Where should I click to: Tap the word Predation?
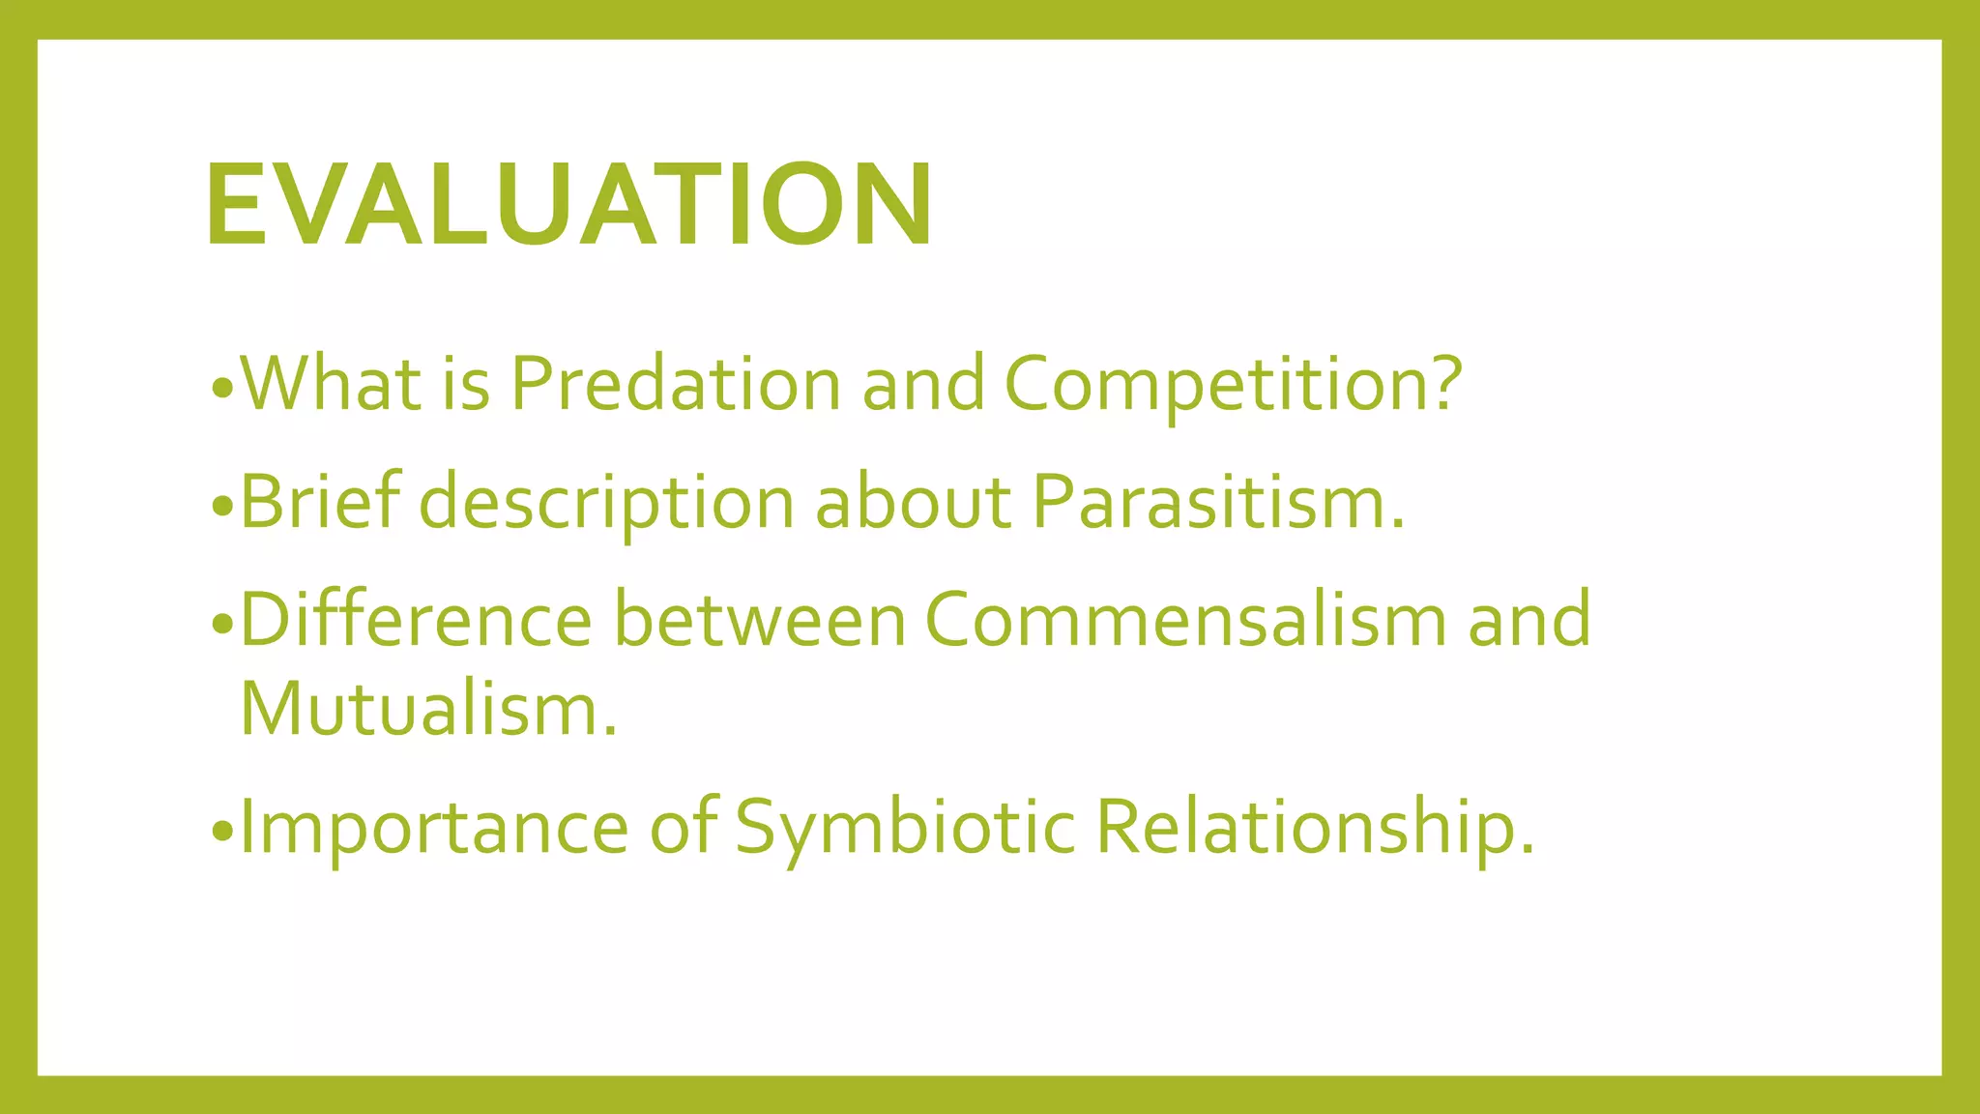coord(675,384)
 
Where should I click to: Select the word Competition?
coord(1233,384)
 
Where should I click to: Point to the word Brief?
coord(320,502)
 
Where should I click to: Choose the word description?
coord(606,504)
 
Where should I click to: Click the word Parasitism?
coord(1217,502)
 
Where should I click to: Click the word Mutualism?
coord(427,709)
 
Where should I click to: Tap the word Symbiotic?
coord(905,828)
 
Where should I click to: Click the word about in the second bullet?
coord(914,502)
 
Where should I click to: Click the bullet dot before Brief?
coord(221,507)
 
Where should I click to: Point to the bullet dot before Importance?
coord(221,832)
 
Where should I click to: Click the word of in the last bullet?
coord(683,828)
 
